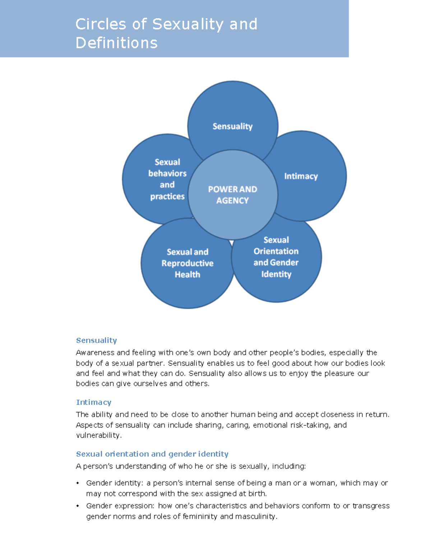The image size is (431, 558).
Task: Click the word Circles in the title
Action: tap(101, 24)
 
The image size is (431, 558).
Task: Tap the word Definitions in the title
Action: tap(116, 43)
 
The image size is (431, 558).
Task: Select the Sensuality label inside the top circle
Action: tap(232, 126)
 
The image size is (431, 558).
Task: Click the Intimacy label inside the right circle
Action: tap(301, 176)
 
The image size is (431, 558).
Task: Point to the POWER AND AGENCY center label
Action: tap(232, 195)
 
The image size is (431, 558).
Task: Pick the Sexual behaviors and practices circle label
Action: tap(167, 179)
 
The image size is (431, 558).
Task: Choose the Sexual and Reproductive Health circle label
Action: tap(187, 263)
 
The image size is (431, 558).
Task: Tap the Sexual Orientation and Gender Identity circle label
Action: tap(276, 257)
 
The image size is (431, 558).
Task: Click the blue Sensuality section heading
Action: tap(96, 340)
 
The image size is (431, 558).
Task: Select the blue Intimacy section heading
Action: tap(93, 402)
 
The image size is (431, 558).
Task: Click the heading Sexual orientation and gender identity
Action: tap(152, 454)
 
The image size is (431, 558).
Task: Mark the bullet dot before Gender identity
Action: tap(78, 483)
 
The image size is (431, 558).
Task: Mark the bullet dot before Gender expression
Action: tap(78, 506)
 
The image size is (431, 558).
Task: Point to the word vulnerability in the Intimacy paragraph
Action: tap(98, 435)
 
